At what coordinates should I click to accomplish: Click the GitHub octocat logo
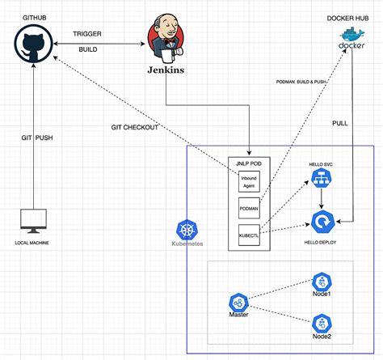click(34, 44)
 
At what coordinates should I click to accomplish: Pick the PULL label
click(341, 122)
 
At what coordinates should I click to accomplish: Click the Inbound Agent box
click(248, 182)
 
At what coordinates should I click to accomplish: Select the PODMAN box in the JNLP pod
click(248, 208)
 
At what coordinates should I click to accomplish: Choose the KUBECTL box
click(248, 235)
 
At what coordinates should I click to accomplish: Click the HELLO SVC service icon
click(322, 184)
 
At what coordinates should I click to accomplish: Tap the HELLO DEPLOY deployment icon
click(322, 220)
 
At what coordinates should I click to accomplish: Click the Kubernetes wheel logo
click(187, 229)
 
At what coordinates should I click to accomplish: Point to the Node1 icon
click(322, 282)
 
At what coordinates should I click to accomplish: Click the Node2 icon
click(322, 323)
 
